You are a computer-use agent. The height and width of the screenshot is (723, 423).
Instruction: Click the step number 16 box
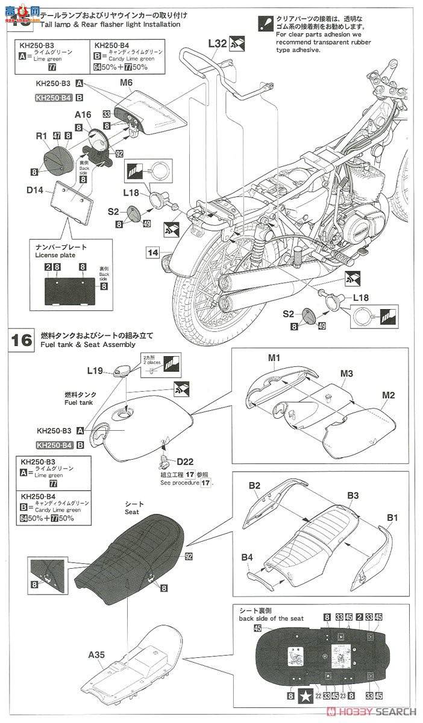tap(22, 340)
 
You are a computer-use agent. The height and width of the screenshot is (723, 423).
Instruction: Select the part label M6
tap(126, 84)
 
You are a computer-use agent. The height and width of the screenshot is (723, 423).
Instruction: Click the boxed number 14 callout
tap(152, 251)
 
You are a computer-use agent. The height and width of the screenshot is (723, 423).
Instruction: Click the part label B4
tap(247, 558)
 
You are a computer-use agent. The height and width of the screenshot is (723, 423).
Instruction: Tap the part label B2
tap(254, 486)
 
